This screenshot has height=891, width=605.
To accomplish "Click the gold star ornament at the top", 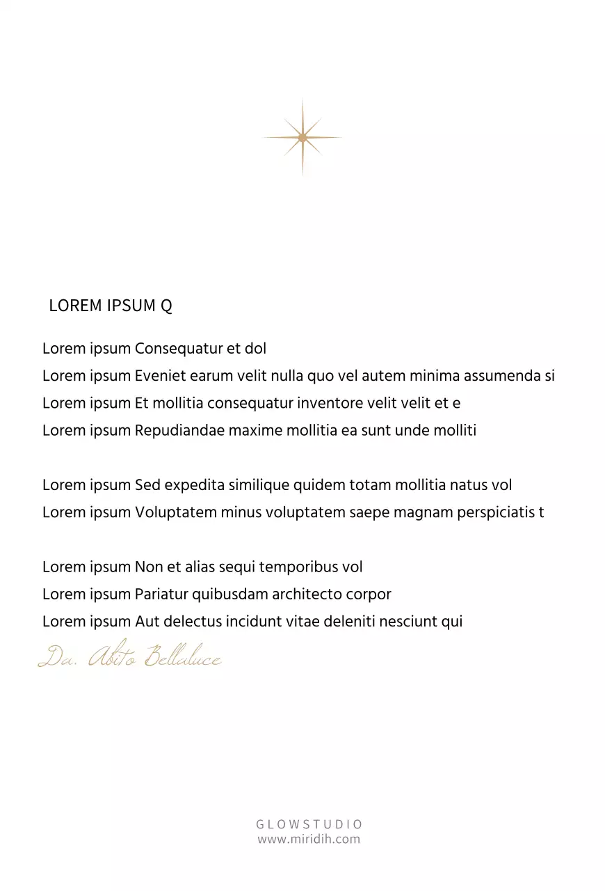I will [302, 138].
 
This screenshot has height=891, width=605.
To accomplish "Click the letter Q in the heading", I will [166, 306].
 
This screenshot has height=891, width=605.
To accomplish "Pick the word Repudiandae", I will [180, 430].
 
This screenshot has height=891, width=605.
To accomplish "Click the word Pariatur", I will [161, 594].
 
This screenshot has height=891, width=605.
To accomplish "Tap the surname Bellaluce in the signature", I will [183, 656].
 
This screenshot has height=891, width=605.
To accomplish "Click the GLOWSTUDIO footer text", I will [309, 824].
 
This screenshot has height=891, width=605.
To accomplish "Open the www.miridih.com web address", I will [309, 839].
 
